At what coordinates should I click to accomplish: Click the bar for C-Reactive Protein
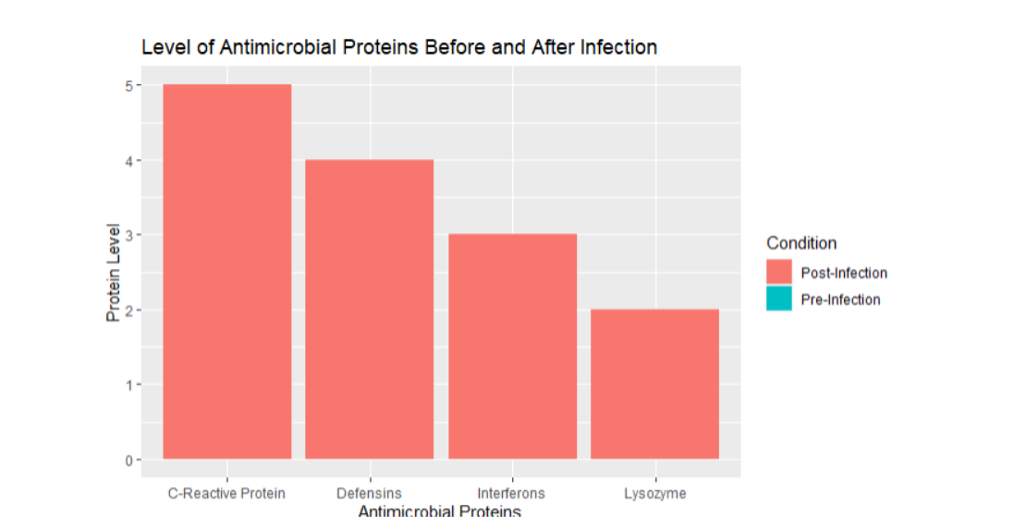point(226,272)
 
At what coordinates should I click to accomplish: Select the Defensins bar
point(370,309)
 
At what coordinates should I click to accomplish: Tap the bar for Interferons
point(512,346)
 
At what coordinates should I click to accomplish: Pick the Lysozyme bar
point(654,384)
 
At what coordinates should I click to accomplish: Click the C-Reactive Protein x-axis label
point(226,493)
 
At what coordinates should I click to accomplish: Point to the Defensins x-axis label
point(370,493)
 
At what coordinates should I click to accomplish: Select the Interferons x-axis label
point(511,493)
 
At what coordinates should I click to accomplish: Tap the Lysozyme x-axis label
point(654,493)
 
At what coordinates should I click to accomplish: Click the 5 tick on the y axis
point(129,85)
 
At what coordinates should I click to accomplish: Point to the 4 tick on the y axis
point(129,160)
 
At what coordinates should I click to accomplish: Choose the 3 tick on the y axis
point(129,235)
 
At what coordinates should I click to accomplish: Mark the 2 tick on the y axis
point(129,310)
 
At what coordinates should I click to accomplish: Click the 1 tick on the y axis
point(129,385)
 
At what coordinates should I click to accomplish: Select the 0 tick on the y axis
point(129,460)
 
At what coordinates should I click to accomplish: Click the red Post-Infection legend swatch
point(779,272)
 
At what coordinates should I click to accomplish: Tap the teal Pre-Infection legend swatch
point(779,299)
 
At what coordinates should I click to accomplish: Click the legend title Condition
point(801,243)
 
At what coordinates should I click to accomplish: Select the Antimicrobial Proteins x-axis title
point(440,512)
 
